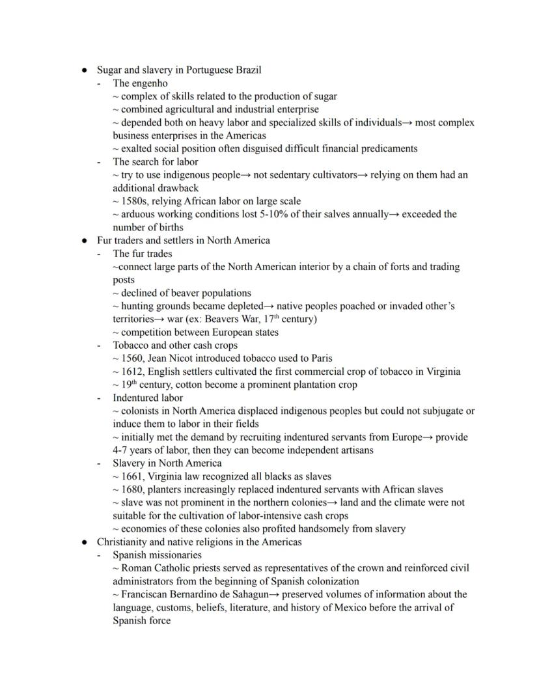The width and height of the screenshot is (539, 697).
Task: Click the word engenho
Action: coord(150,83)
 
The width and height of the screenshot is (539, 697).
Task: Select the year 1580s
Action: coord(135,201)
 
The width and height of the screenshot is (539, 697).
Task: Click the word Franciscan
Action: coord(147,594)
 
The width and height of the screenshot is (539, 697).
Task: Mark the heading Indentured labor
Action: coord(148,398)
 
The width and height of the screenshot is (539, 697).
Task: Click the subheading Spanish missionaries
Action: coord(157,555)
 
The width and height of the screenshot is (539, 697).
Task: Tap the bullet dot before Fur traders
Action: coord(85,240)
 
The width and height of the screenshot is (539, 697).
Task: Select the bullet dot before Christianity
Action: coord(85,542)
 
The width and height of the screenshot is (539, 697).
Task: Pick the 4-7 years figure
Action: coord(141,450)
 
